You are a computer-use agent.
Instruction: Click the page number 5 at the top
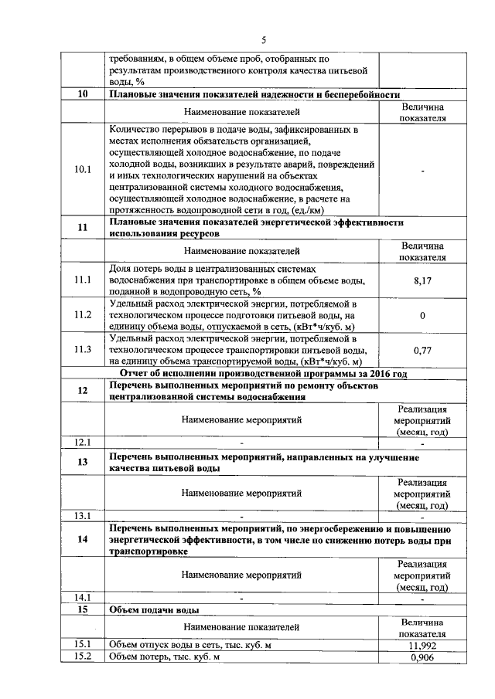(263, 40)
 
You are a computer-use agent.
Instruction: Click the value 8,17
(422, 281)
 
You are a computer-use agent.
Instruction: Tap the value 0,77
(422, 350)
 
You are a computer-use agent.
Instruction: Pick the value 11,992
(422, 644)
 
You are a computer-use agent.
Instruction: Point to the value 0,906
(422, 657)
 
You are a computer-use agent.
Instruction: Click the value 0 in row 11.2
(422, 315)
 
